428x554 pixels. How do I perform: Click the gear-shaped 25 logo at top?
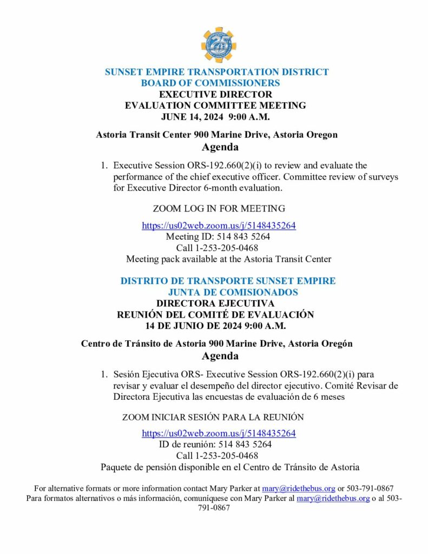(x=219, y=45)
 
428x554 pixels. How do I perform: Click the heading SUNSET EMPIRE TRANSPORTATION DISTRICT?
(x=216, y=72)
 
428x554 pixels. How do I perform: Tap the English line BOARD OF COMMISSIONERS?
(x=210, y=83)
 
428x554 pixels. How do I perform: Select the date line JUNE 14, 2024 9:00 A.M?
(x=215, y=116)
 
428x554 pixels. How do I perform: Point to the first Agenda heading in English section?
(x=220, y=147)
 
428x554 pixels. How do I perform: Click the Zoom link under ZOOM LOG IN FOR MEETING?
(x=219, y=226)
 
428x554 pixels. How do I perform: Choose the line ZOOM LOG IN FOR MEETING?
(x=219, y=208)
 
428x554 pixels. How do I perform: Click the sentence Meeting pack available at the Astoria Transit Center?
(x=228, y=259)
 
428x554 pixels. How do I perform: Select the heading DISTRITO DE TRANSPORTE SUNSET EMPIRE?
(x=228, y=281)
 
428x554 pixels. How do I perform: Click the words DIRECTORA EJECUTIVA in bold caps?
(x=215, y=304)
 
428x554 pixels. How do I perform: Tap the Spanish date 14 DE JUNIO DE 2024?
(x=216, y=326)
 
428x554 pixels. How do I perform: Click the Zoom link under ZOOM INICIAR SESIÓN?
(x=219, y=433)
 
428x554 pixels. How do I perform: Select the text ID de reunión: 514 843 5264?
(x=215, y=444)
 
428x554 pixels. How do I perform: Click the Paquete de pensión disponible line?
(x=230, y=467)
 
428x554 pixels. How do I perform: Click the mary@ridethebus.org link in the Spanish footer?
(x=333, y=498)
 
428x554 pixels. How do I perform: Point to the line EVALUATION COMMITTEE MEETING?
(x=215, y=105)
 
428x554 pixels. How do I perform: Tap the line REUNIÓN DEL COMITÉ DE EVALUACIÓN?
(x=215, y=315)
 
